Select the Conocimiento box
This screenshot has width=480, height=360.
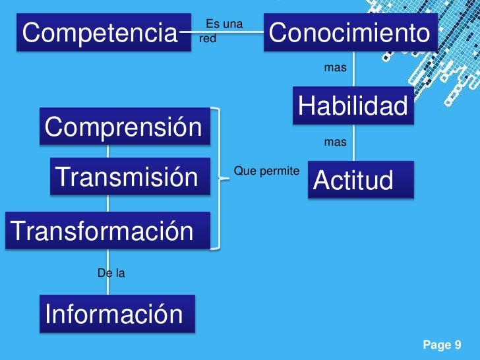[350, 32]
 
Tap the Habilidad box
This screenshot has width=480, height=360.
[353, 105]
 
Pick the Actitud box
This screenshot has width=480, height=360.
[360, 180]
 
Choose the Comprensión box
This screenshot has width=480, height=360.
[123, 127]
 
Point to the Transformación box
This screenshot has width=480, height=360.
[105, 230]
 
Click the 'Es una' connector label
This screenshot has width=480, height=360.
[224, 24]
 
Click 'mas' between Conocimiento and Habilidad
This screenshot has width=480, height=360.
[335, 68]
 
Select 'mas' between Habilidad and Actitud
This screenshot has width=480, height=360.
[335, 142]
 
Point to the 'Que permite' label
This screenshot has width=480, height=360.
[266, 171]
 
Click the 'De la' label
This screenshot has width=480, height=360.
[111, 272]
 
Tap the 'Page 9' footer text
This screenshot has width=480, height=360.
[441, 345]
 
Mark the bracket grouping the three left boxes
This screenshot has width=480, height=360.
[216, 178]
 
